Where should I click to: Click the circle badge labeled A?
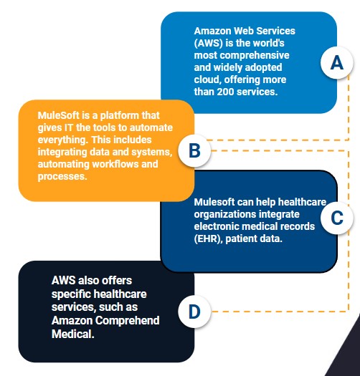click(x=337, y=62)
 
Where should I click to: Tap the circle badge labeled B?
click(x=194, y=151)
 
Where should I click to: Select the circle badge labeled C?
click(x=337, y=218)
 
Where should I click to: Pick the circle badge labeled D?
click(x=194, y=312)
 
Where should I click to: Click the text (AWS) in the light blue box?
click(x=209, y=44)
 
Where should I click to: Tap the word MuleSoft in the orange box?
click(x=58, y=115)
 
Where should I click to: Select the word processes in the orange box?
click(x=62, y=177)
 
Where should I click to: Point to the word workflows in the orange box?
click(x=115, y=164)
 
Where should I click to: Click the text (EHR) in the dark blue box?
click(x=208, y=238)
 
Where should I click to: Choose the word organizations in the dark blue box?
click(x=224, y=214)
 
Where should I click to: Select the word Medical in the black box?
click(x=72, y=334)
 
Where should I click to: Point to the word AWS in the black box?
click(x=63, y=280)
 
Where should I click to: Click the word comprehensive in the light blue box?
click(x=255, y=56)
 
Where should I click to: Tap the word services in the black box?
click(x=73, y=307)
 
